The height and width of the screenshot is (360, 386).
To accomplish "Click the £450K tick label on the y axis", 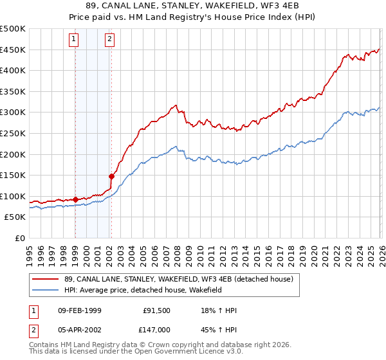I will click(x=13, y=50).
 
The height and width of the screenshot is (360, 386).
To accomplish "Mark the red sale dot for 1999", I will click(x=75, y=199).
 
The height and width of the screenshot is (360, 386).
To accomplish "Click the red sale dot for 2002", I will click(x=111, y=176).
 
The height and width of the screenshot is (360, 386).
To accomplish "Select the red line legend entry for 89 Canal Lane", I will click(x=179, y=278).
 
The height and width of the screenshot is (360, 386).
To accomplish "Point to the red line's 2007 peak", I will click(x=174, y=105).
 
